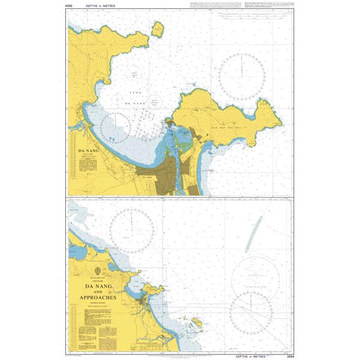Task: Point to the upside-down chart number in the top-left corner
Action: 69,5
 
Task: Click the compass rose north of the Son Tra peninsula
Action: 242,76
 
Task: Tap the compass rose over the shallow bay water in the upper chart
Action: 116,128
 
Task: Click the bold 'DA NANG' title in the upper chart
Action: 88,152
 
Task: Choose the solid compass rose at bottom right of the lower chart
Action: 251,314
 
